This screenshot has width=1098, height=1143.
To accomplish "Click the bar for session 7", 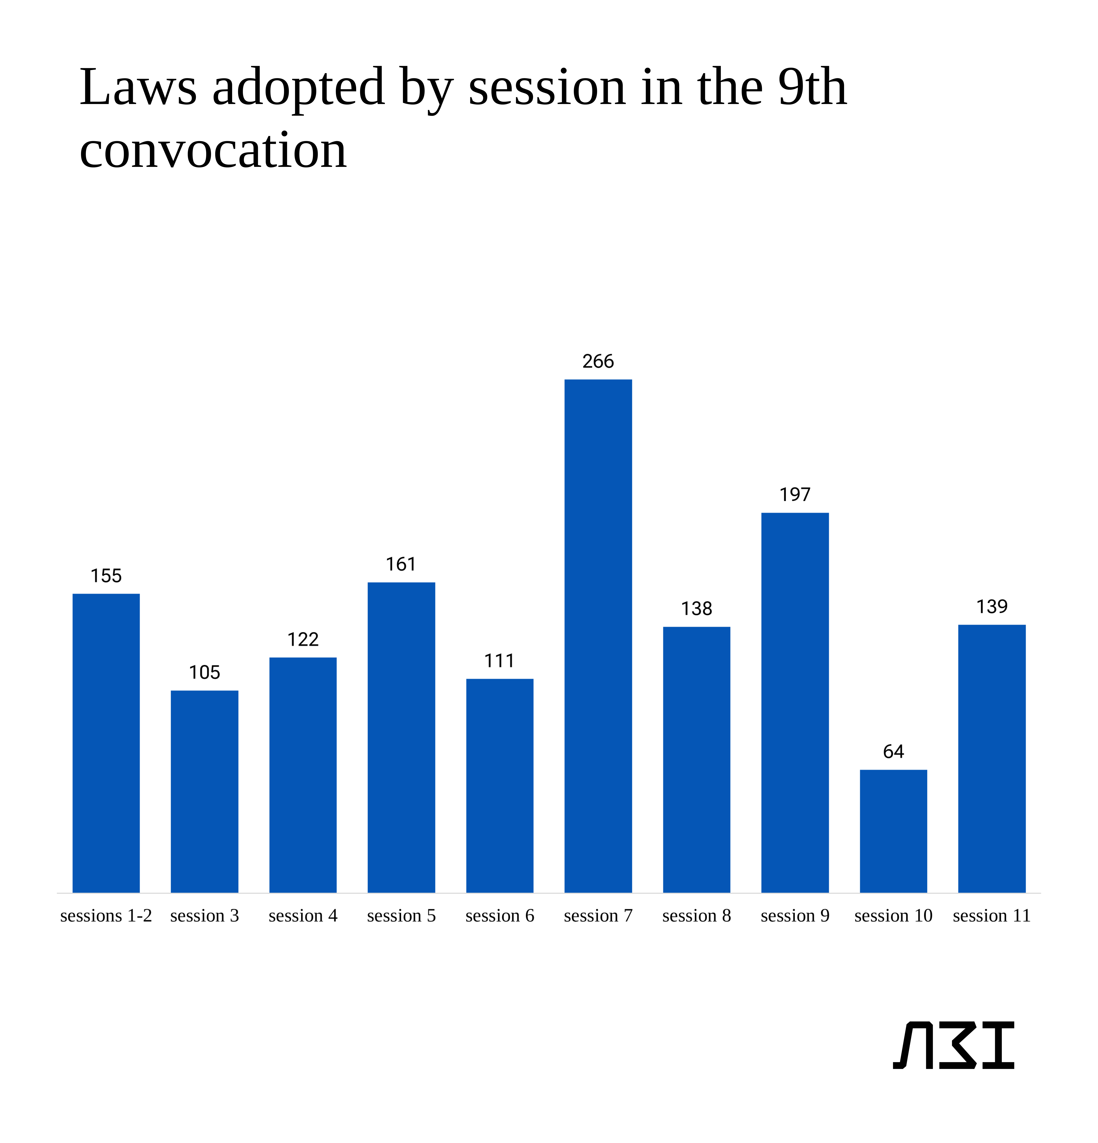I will (x=598, y=636).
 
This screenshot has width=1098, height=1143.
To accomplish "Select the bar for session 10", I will (x=893, y=831).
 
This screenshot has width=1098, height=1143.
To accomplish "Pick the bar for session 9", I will (x=795, y=703).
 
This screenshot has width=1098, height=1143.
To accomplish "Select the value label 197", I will (x=795, y=495).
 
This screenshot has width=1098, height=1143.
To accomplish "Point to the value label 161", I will (x=401, y=564).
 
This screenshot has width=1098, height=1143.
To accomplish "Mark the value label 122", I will (x=303, y=639).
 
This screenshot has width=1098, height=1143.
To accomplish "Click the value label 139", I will (x=992, y=607).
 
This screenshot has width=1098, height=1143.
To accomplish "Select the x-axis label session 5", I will (x=401, y=916).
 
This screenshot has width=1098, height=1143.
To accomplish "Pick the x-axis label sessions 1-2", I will (x=106, y=916).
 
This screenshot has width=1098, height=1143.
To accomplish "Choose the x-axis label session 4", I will (x=303, y=916).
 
